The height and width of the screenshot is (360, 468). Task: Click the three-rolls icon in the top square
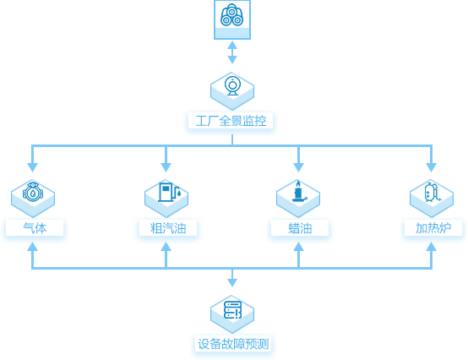[232, 15]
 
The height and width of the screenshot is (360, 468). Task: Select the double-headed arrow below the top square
[232, 52]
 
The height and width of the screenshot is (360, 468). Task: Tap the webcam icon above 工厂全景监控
[232, 86]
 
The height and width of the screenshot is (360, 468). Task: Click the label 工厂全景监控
[231, 121]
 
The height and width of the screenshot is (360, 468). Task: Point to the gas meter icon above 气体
[33, 192]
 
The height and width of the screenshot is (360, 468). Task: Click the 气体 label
[35, 228]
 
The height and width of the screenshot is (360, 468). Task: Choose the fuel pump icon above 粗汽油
[169, 192]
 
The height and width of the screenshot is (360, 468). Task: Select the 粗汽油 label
[168, 228]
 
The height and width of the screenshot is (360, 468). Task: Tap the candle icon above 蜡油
[299, 191]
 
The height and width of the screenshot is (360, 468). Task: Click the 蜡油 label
[300, 228]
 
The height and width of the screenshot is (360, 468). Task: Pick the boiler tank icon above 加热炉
[432, 192]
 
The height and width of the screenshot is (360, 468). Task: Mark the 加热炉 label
[433, 228]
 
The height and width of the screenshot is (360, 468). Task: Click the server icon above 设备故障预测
[232, 309]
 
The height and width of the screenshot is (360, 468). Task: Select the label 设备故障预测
[233, 344]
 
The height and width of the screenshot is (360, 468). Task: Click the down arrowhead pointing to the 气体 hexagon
[33, 167]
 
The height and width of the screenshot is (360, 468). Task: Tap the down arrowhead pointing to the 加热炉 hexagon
[432, 167]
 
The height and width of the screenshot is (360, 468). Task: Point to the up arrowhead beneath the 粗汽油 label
[166, 246]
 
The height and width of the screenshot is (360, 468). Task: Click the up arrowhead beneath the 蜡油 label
[298, 246]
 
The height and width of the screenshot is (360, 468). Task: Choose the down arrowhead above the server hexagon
[232, 282]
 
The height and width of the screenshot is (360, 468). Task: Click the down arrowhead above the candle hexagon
[298, 167]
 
